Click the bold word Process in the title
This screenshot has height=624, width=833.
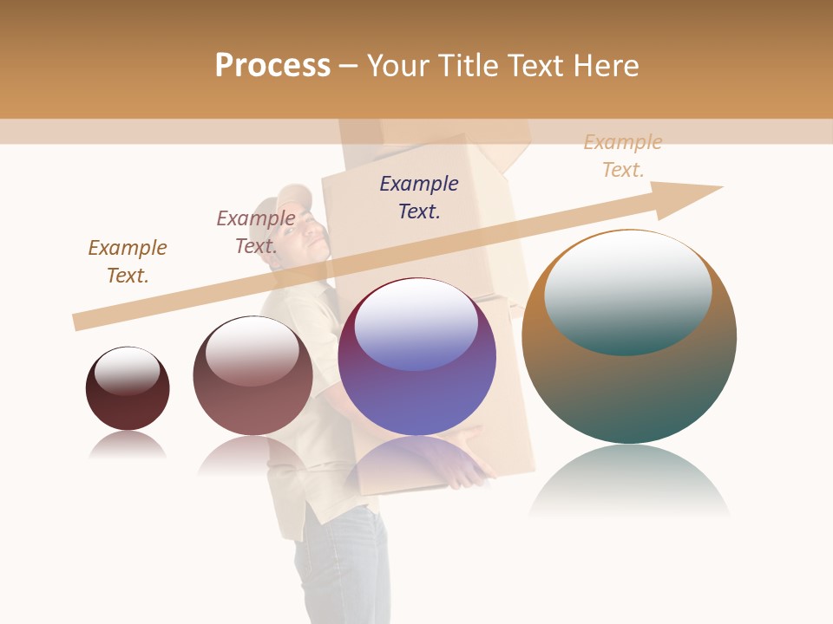pos(272,66)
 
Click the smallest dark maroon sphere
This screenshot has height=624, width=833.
pos(128,389)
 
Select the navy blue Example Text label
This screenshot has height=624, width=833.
pos(419,197)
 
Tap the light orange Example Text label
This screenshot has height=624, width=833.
pos(623,156)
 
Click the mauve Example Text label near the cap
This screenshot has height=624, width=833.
pos(256,231)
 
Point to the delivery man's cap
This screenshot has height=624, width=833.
pos(292,198)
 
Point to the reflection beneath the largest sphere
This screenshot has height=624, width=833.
pos(629,482)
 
